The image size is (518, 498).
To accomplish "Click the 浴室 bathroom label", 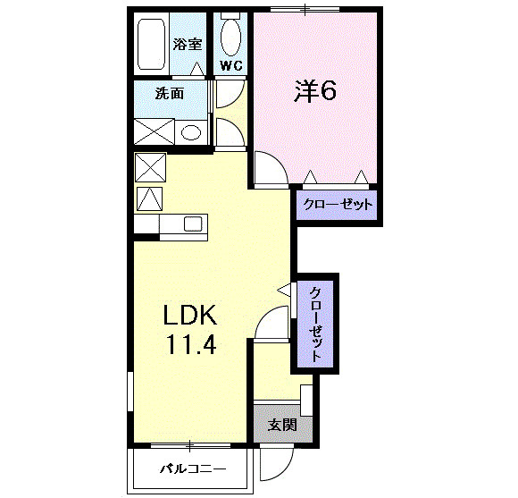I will point(188,43).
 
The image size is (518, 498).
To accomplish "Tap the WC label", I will point(231,66).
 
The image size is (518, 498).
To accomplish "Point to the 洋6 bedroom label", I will point(315,91).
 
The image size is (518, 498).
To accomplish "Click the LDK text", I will point(189,315).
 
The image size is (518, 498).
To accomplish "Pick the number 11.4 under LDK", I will point(189,344).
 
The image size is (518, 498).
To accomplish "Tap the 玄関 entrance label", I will point(282,425).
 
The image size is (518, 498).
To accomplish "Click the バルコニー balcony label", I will point(193,468).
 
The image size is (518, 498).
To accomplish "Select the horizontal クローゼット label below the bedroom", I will point(337,205).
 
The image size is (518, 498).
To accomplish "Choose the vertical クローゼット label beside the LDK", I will point(316,323).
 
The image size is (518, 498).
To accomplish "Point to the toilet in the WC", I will point(230,37).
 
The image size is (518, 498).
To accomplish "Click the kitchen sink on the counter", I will point(194,224).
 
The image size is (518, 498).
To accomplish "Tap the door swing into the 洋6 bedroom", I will point(267,168).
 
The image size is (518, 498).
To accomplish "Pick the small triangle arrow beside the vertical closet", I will point(285,290).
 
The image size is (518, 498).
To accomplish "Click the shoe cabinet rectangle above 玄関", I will point(306,398).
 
